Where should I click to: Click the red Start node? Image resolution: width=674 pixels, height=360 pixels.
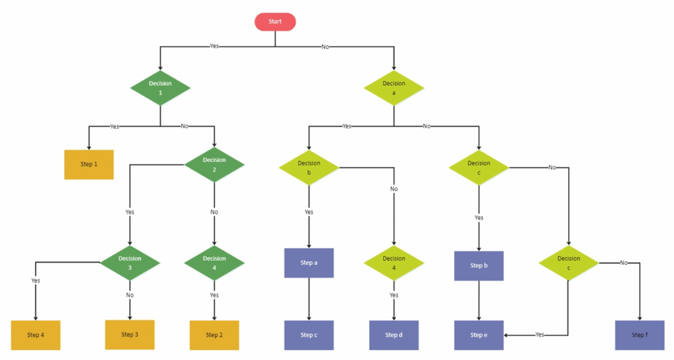tap(275, 22)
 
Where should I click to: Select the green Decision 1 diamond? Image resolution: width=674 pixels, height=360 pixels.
tap(161, 88)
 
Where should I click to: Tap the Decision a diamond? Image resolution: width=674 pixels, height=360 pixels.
tap(394, 88)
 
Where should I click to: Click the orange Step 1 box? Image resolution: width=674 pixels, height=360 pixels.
tap(89, 165)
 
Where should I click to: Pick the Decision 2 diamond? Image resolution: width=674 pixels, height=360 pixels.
tap(215, 165)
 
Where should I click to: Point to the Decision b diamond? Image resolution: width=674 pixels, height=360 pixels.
tap(309, 168)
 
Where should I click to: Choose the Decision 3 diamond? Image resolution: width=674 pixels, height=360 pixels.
tap(130, 263)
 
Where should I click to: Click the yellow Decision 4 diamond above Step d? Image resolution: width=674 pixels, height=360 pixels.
tap(394, 263)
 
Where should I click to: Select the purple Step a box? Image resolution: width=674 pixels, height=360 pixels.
tap(309, 263)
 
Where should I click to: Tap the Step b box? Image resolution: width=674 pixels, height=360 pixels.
tap(479, 266)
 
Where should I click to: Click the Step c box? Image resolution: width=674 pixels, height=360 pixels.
tap(309, 335)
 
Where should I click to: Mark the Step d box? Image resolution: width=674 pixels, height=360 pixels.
tap(394, 335)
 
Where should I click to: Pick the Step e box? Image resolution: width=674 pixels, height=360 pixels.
tap(479, 335)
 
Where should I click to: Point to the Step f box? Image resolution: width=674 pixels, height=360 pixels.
tap(640, 335)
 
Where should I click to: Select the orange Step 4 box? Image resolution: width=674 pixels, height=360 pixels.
tap(36, 335)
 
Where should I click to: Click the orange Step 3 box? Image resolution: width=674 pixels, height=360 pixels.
tap(130, 334)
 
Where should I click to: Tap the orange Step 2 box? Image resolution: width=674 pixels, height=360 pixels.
tap(215, 335)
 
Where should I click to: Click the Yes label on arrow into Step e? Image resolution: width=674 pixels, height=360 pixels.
tap(540, 334)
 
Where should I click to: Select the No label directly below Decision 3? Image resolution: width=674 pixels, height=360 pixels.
tap(130, 295)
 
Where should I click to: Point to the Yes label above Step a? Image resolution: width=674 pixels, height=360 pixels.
tap(309, 212)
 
